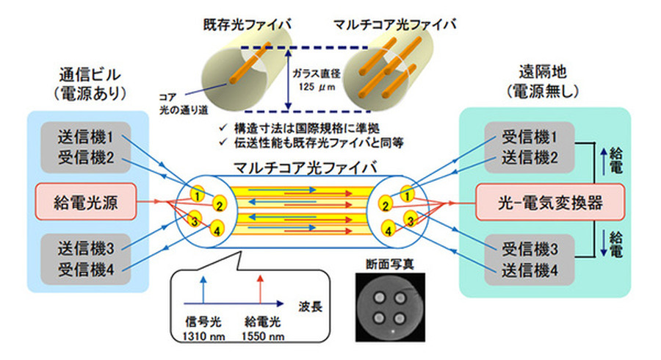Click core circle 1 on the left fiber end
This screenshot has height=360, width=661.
tap(198, 193)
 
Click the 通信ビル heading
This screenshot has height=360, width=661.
tap(90, 75)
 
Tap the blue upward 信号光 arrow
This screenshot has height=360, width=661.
tap(203, 287)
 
